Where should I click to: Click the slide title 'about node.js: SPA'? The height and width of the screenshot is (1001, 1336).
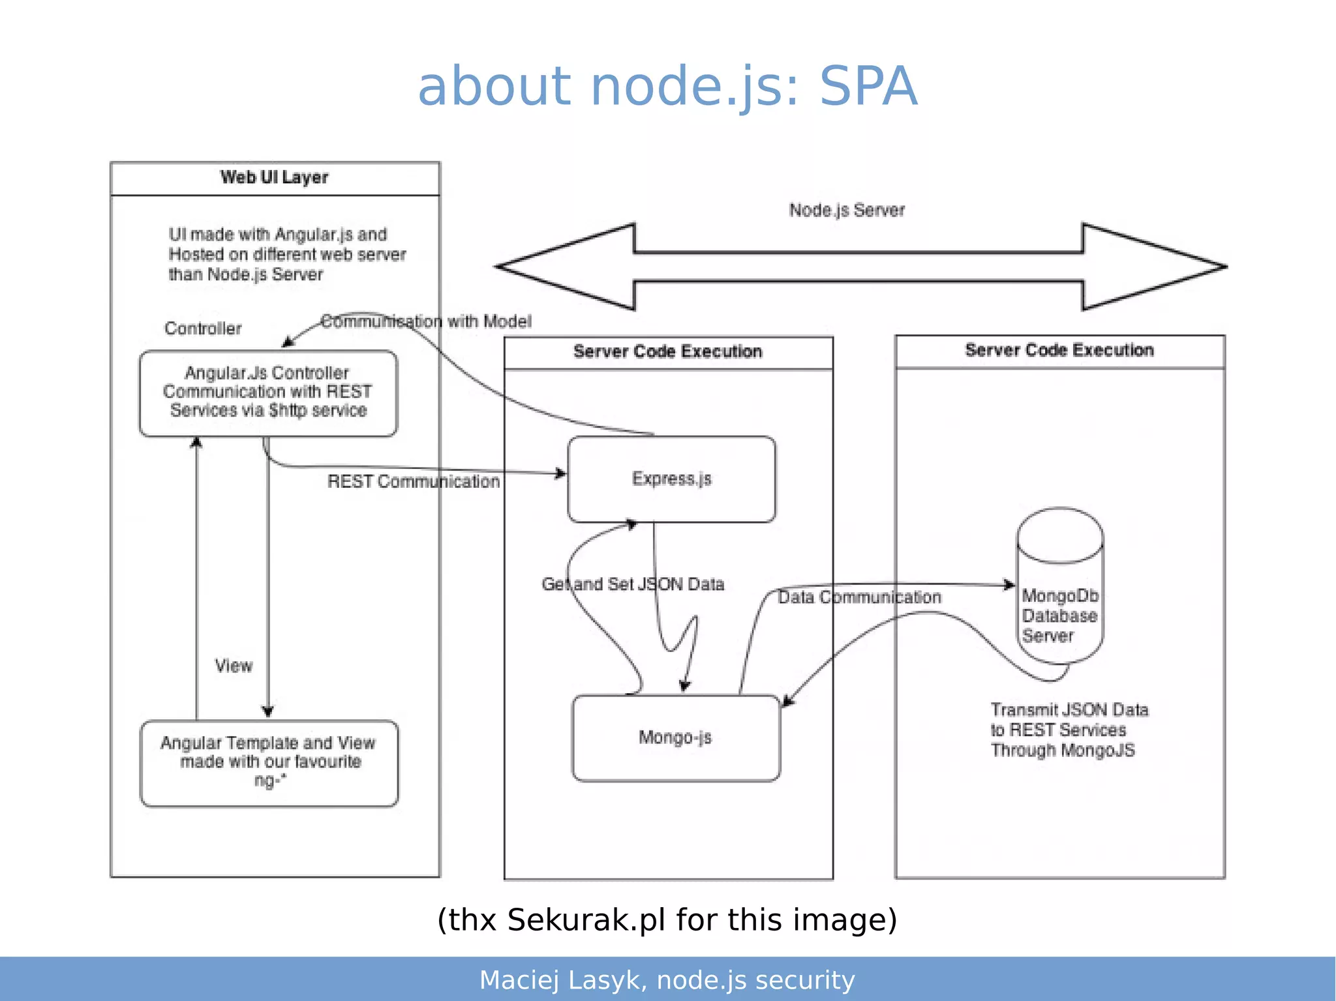click(667, 86)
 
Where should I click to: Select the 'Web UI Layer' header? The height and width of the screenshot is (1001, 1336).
click(275, 177)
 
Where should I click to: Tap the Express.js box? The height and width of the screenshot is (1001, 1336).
click(671, 479)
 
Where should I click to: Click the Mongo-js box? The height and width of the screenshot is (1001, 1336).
click(675, 738)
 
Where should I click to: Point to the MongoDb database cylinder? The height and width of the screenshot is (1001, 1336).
click(1060, 587)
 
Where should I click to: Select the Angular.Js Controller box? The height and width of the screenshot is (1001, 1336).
click(268, 393)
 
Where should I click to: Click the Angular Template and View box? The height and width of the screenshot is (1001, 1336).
click(269, 762)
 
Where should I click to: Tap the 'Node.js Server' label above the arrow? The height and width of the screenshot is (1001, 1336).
click(847, 210)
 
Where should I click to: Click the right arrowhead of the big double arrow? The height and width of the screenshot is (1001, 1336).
click(1155, 267)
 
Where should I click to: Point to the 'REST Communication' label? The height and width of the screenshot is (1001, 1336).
click(414, 482)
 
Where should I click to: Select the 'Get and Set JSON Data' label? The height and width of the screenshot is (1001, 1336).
click(633, 584)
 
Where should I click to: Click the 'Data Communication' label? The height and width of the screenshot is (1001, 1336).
click(859, 597)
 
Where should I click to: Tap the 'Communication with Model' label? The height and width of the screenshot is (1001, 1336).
click(426, 321)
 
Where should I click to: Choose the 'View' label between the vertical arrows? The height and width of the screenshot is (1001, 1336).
click(234, 666)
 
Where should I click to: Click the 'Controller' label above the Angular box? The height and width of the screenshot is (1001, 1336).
click(203, 329)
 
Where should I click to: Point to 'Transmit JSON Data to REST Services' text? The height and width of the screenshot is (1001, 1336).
click(1069, 730)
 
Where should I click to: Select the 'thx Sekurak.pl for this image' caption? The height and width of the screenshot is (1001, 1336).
click(667, 919)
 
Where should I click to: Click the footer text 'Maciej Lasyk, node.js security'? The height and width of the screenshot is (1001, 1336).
click(667, 980)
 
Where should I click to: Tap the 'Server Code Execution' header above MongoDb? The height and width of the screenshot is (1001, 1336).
click(1059, 351)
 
